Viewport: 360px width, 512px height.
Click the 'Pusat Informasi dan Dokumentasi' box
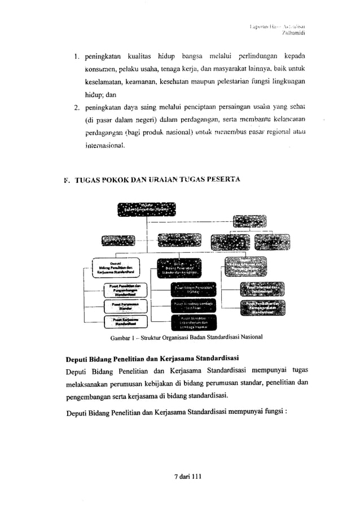click(264, 288)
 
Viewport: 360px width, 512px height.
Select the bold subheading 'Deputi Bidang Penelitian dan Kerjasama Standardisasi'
click(152, 358)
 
